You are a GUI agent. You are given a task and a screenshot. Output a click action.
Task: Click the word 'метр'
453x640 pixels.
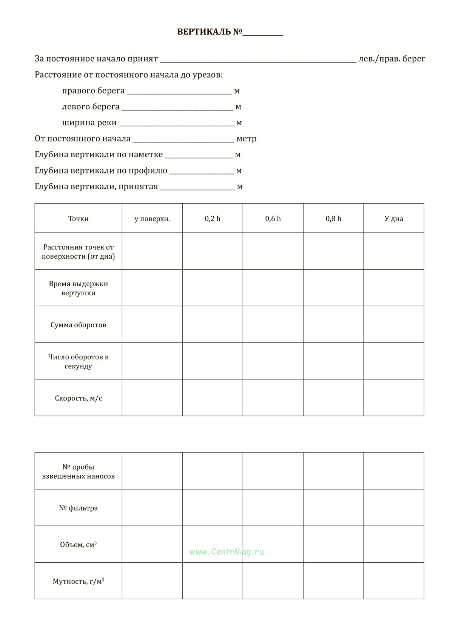click(247, 139)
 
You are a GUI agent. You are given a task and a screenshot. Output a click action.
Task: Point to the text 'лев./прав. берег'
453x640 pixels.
click(392, 59)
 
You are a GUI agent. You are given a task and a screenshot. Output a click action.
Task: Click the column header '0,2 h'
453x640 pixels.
click(213, 219)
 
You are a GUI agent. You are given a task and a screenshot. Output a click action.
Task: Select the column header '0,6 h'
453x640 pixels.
click(273, 219)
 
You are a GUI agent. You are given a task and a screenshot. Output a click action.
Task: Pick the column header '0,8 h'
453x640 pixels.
click(333, 219)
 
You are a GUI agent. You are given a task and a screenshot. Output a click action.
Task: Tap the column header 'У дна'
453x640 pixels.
click(394, 219)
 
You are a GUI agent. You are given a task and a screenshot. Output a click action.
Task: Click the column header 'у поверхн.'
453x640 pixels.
click(152, 219)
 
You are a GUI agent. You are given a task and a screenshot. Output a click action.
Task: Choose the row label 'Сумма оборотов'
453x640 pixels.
click(78, 325)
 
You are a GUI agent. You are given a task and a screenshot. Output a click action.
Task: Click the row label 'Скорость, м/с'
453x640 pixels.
click(78, 398)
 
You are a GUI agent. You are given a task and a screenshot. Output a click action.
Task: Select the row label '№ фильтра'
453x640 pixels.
click(78, 508)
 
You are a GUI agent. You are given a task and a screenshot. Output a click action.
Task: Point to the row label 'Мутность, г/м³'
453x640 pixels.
click(78, 581)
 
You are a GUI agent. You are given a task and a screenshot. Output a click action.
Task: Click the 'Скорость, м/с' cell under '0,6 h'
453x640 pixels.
click(273, 398)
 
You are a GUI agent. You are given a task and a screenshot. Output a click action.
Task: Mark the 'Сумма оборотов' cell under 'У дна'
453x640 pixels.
click(394, 324)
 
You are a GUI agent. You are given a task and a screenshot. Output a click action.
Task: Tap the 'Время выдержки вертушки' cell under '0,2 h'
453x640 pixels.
click(213, 288)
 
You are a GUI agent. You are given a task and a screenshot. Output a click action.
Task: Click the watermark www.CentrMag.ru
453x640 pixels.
click(226, 552)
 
